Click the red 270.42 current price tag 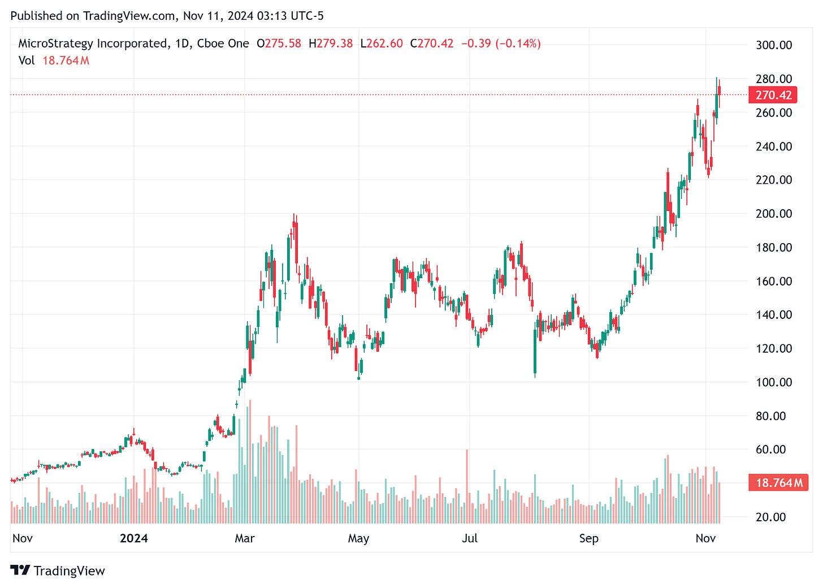point(773,95)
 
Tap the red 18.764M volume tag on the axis point(778,483)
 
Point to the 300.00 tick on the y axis point(774,45)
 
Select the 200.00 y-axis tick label point(774,214)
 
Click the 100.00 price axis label point(774,382)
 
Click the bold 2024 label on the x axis point(134,538)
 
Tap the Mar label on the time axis point(245,538)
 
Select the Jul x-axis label point(470,538)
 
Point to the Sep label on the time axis point(588,538)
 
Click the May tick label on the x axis point(358,538)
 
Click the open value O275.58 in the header point(279,44)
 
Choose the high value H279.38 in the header point(331,44)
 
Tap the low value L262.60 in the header point(382,44)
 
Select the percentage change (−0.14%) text point(518,44)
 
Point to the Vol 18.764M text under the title point(54,60)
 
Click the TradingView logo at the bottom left point(58,570)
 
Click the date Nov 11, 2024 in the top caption point(218,16)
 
